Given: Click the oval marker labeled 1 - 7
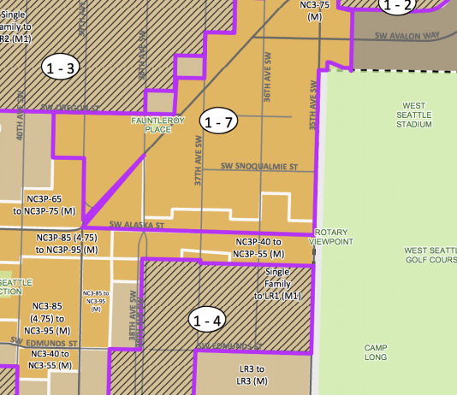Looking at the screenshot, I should click(x=220, y=122).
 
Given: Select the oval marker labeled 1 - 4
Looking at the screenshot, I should click(x=208, y=321).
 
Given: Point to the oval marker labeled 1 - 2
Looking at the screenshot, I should click(x=398, y=6).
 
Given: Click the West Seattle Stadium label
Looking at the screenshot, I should click(x=413, y=115).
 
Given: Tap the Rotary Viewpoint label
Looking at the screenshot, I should click(x=334, y=237).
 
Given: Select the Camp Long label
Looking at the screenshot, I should click(x=376, y=352).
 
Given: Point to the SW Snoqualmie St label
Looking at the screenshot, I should click(x=258, y=166).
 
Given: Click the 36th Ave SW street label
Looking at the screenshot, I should click(x=267, y=86).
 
